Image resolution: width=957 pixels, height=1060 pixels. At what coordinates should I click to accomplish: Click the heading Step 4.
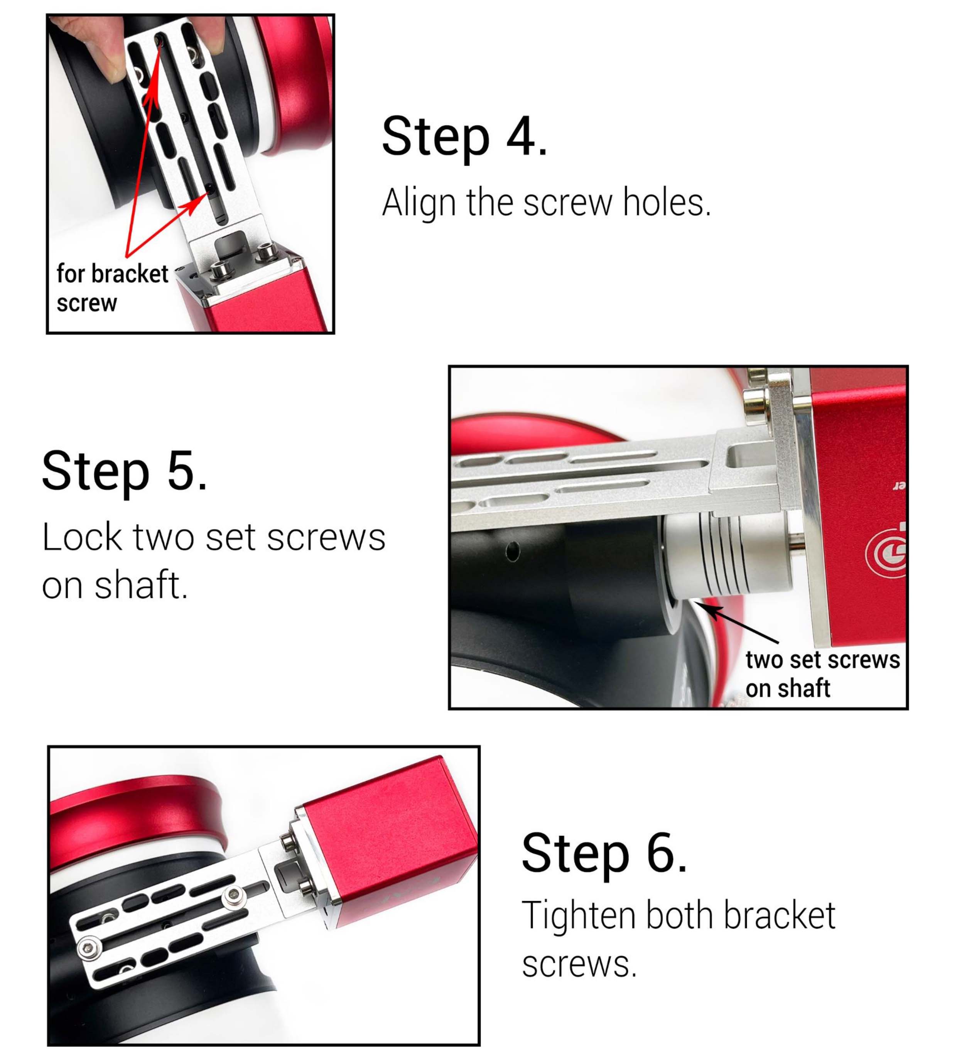pyautogui.click(x=464, y=136)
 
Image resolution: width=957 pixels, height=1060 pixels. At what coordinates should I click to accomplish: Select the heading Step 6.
pyautogui.click(x=604, y=853)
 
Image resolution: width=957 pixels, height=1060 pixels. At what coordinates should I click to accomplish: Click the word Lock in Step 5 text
pyautogui.click(x=81, y=537)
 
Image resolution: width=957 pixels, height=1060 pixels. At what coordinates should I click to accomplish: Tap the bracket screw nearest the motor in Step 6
pyautogui.click(x=234, y=896)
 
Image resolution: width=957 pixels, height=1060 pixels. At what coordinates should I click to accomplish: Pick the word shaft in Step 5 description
pyautogui.click(x=140, y=585)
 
